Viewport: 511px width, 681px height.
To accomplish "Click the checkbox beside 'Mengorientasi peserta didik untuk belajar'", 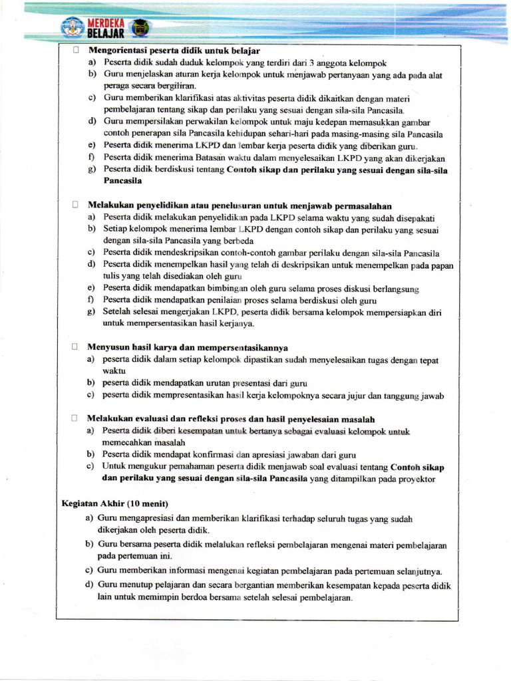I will (x=76, y=51).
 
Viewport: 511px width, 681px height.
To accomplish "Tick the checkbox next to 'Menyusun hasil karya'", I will (x=76, y=346).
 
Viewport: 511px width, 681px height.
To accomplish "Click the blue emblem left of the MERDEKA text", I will (x=73, y=27).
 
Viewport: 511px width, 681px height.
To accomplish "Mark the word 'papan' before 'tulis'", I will (x=440, y=265).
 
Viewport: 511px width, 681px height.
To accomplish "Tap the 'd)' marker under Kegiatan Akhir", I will (x=89, y=585).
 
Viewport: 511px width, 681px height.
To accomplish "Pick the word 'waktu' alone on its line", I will (x=114, y=371).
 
